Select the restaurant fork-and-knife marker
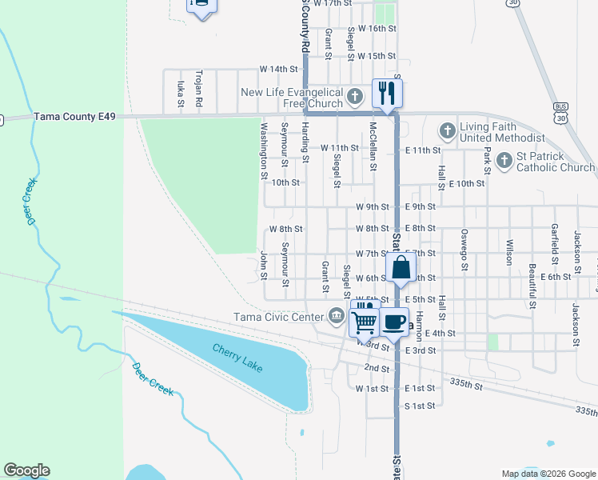[387, 92]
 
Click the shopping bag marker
[401, 266]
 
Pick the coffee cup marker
[393, 321]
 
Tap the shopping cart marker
[365, 322]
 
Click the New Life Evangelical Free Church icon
[355, 98]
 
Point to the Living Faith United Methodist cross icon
[447, 130]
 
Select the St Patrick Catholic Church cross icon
[504, 161]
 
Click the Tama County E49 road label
[74, 117]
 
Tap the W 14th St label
[278, 70]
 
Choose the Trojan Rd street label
[199, 90]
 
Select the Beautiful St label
[532, 285]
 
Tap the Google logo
[26, 470]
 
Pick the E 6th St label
[556, 277]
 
